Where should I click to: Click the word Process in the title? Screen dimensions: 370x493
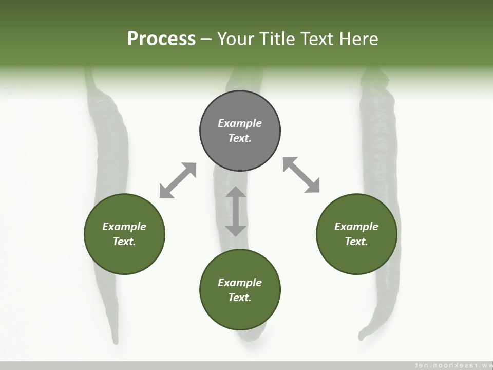click(161, 39)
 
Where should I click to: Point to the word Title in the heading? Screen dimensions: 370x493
click(279, 39)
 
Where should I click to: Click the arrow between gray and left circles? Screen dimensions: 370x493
click(178, 180)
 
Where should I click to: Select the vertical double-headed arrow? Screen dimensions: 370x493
click(236, 212)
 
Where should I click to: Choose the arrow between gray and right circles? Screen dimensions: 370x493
click(301, 175)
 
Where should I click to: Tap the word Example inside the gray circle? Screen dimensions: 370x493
click(240, 123)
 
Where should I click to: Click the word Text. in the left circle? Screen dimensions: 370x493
click(124, 242)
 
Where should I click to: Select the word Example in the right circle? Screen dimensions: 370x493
click(356, 227)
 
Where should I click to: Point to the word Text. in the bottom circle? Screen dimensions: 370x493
click(240, 298)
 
